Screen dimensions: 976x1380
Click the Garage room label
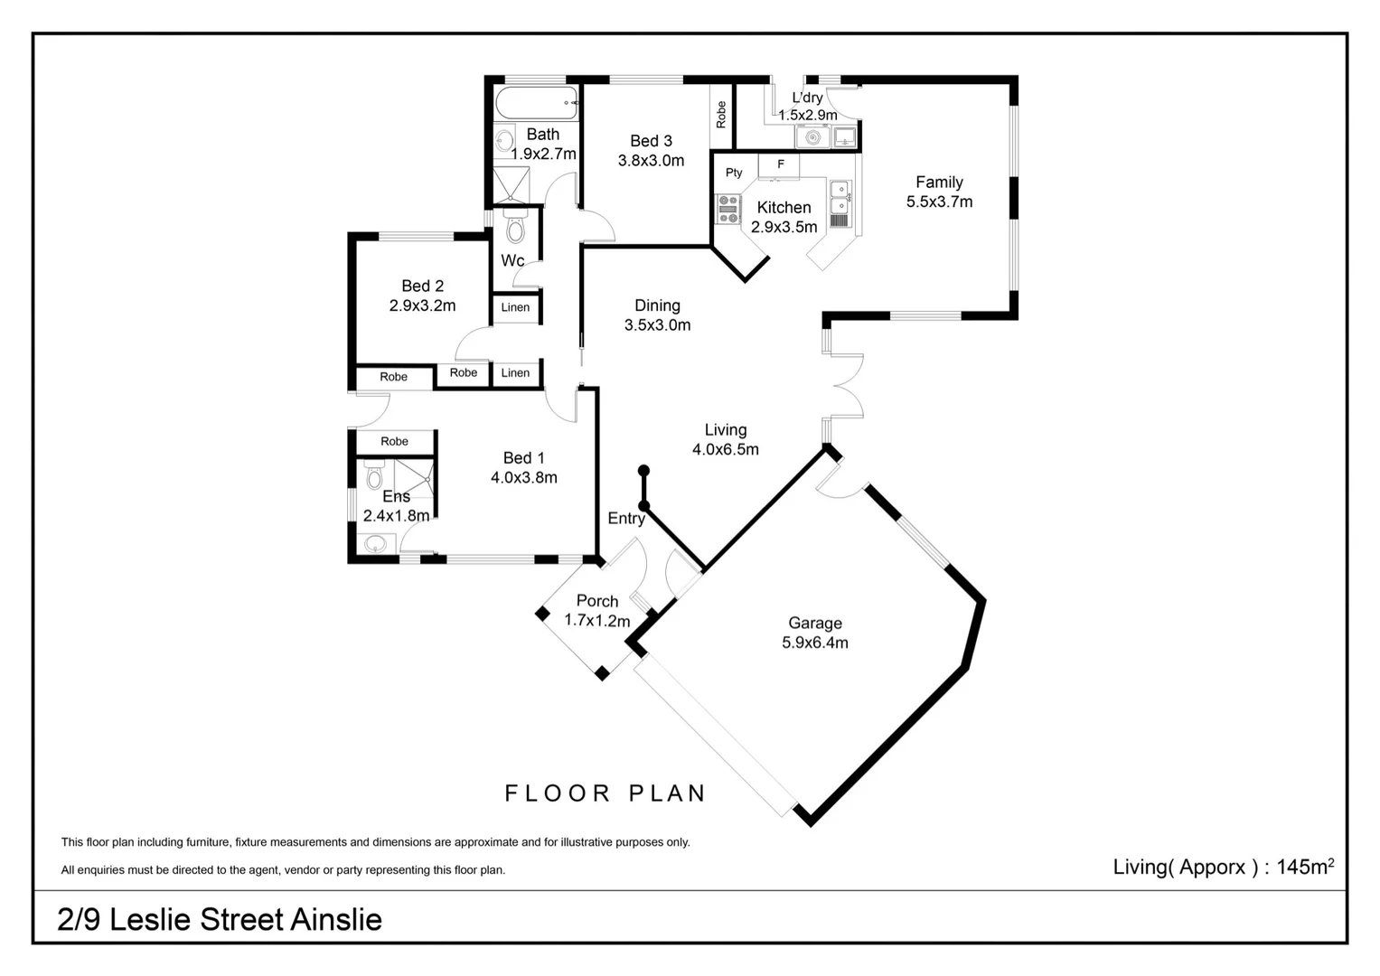(814, 623)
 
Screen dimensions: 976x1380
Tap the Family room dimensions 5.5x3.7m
(939, 202)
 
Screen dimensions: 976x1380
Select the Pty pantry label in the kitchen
(734, 173)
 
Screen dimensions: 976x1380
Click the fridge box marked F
(781, 164)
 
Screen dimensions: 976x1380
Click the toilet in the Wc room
(515, 228)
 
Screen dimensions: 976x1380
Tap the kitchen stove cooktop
(728, 209)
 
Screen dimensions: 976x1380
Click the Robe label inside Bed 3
(721, 115)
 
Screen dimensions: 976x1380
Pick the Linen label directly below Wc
(515, 307)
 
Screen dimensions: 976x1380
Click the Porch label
(597, 601)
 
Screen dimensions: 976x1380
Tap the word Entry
(626, 518)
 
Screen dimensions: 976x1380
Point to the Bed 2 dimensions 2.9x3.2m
(422, 305)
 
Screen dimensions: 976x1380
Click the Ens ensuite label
(396, 496)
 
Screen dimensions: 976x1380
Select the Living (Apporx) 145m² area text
(1223, 867)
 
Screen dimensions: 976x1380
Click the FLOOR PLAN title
(605, 793)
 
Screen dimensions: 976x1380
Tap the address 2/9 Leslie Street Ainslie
(220, 919)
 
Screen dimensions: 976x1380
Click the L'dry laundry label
(807, 98)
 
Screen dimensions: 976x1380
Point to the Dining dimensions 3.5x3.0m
(657, 325)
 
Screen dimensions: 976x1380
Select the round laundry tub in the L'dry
(812, 137)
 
